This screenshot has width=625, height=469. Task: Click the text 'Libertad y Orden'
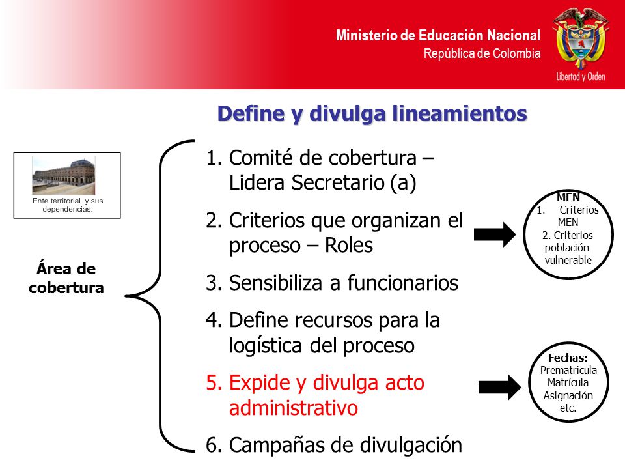581,76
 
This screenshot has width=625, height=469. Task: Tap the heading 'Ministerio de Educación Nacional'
438,35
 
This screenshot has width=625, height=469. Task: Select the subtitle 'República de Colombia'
482,53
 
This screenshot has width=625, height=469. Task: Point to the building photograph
64,175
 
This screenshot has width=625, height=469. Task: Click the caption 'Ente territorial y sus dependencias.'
67,205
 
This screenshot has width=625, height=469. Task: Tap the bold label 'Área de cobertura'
66,278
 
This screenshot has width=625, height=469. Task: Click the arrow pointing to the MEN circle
495,234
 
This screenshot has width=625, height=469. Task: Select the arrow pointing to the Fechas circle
499,387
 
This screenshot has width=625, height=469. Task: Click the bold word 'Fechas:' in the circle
568,358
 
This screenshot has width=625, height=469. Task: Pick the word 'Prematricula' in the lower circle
568,370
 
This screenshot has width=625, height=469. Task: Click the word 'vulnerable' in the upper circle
568,260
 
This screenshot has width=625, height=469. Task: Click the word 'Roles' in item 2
349,245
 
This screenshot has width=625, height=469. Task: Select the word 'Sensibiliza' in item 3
275,283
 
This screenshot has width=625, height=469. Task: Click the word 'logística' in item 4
266,346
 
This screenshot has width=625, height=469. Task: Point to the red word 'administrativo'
294,408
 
